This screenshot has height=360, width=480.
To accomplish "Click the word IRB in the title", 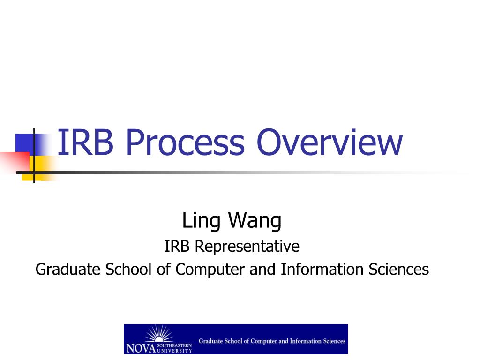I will click(85, 143).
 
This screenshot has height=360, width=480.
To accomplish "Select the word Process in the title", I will click(186, 143).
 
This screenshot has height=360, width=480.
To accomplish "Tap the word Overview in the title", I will click(330, 143).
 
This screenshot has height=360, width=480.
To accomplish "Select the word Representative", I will click(247, 246).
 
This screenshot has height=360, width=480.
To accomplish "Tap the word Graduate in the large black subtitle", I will click(68, 270).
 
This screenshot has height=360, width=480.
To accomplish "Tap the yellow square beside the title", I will click(40, 167).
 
